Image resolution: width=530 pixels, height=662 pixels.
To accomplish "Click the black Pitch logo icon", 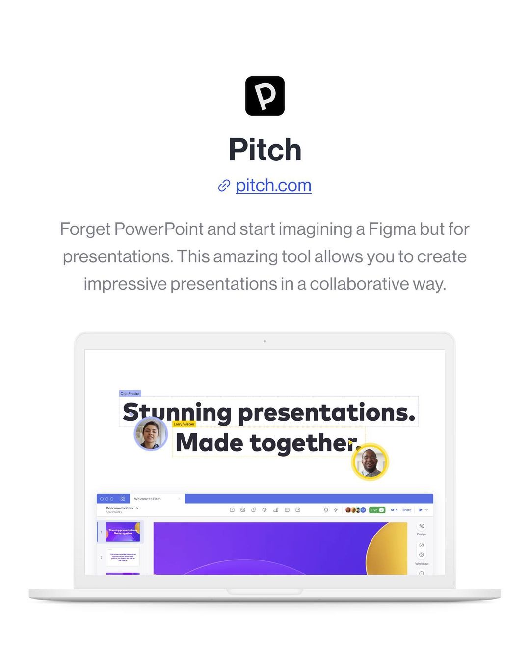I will tap(265, 96).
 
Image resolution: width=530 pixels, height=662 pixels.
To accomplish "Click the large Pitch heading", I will tap(265, 150).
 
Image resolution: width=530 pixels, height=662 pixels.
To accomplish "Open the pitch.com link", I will tap(273, 185).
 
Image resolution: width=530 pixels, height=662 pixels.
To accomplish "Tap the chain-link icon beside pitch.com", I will tap(224, 186).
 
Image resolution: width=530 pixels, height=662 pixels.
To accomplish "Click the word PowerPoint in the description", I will tap(159, 229).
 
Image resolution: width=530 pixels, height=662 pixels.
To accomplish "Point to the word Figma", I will tap(390, 229).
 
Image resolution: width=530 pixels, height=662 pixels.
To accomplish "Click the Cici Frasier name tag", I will tap(130, 393).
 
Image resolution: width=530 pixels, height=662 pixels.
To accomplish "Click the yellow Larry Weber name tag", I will tap(184, 424).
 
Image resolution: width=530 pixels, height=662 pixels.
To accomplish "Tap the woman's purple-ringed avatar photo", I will tap(151, 433).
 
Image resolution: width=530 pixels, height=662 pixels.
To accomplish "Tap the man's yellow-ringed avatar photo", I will tap(370, 461).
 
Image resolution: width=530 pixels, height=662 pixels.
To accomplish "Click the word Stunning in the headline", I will tap(177, 412).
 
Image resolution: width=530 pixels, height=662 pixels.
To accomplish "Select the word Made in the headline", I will tap(209, 443).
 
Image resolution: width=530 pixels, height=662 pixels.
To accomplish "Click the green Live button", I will tap(376, 510).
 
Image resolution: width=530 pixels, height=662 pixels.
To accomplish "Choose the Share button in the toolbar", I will tap(407, 510).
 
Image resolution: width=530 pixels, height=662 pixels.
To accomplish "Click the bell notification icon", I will tap(326, 510).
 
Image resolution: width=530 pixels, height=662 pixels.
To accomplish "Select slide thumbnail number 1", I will tap(123, 532).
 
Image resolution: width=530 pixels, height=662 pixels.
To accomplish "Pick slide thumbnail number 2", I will tap(123, 557).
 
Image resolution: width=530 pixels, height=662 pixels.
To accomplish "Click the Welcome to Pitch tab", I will tap(148, 499).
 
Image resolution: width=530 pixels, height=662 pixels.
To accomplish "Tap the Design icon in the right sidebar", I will tap(421, 527).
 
